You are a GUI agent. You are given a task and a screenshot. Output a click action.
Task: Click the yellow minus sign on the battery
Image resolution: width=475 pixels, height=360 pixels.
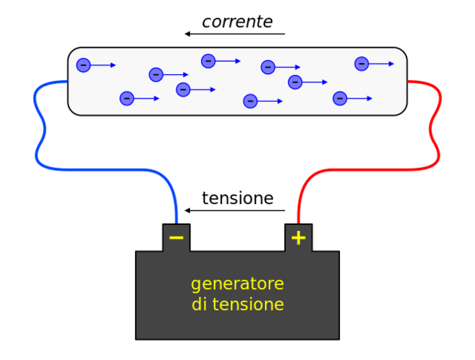176,238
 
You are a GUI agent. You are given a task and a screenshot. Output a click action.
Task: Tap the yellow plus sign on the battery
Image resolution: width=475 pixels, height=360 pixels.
299,238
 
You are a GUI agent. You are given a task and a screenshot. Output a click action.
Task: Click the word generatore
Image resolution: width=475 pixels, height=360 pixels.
237,284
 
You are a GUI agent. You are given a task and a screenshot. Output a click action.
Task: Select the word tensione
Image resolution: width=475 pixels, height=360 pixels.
248,304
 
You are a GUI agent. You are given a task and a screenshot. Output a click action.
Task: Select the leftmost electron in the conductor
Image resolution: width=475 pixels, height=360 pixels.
83,65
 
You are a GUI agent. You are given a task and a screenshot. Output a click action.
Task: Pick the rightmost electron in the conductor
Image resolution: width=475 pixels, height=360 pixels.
362,64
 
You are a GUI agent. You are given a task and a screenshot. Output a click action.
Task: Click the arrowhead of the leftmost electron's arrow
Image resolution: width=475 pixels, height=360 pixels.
113,65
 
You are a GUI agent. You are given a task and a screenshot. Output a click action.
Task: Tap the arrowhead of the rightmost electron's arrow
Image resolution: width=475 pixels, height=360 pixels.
391,64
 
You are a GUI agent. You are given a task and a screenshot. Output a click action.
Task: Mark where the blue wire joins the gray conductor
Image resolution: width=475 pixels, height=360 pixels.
68,81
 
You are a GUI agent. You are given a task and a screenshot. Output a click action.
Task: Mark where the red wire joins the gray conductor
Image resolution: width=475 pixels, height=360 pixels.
407,81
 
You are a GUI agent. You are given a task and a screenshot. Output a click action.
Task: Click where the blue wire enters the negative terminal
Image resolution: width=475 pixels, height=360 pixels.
176,223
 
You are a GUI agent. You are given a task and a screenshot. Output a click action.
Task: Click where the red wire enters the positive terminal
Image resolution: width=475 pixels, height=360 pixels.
299,223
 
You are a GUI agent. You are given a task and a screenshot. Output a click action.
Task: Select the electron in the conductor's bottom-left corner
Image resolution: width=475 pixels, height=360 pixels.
127,98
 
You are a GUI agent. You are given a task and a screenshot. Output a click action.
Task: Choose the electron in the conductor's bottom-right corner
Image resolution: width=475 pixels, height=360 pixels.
340,98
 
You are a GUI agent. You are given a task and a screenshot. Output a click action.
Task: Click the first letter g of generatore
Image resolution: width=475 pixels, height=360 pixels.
196,286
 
